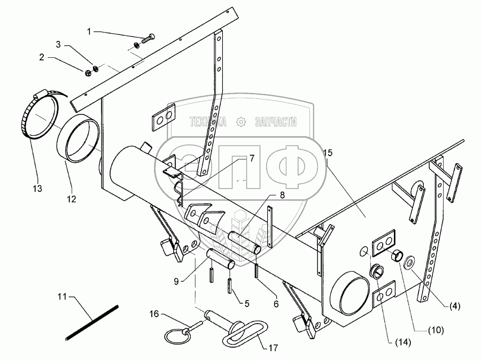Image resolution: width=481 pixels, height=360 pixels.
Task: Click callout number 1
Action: click(90, 32)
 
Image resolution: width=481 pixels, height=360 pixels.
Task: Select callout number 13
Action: click(37, 189)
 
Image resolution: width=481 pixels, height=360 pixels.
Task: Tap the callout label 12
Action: click(71, 198)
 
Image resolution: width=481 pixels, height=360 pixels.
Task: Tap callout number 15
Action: click(328, 153)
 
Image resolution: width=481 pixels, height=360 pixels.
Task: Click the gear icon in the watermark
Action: click(242, 122)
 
